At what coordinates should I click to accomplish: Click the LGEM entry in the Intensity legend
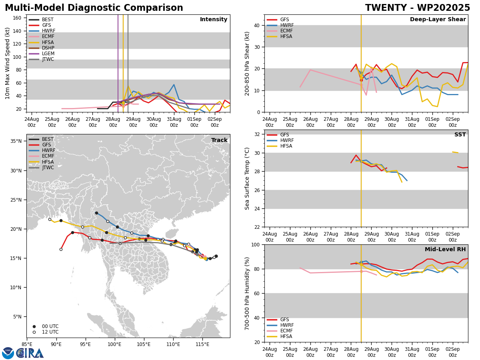[48, 54]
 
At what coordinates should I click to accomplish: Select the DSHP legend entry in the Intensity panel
[48, 48]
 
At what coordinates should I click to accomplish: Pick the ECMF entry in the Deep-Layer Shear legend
[286, 31]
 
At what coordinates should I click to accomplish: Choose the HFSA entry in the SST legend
[286, 146]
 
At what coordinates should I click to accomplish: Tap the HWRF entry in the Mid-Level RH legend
[286, 325]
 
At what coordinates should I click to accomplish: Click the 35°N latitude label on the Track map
[16, 141]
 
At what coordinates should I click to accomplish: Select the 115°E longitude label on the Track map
[202, 344]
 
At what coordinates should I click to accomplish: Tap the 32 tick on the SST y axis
[257, 134]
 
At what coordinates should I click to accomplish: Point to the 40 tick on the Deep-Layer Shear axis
[257, 25]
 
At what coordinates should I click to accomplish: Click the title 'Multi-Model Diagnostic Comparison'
[94, 8]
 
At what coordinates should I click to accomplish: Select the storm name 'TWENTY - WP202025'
[417, 8]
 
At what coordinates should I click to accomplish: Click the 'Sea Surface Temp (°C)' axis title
[248, 178]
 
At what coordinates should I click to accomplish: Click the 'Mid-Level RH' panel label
[445, 250]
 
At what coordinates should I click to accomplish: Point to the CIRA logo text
[30, 353]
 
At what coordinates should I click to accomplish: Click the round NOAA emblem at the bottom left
[8, 353]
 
